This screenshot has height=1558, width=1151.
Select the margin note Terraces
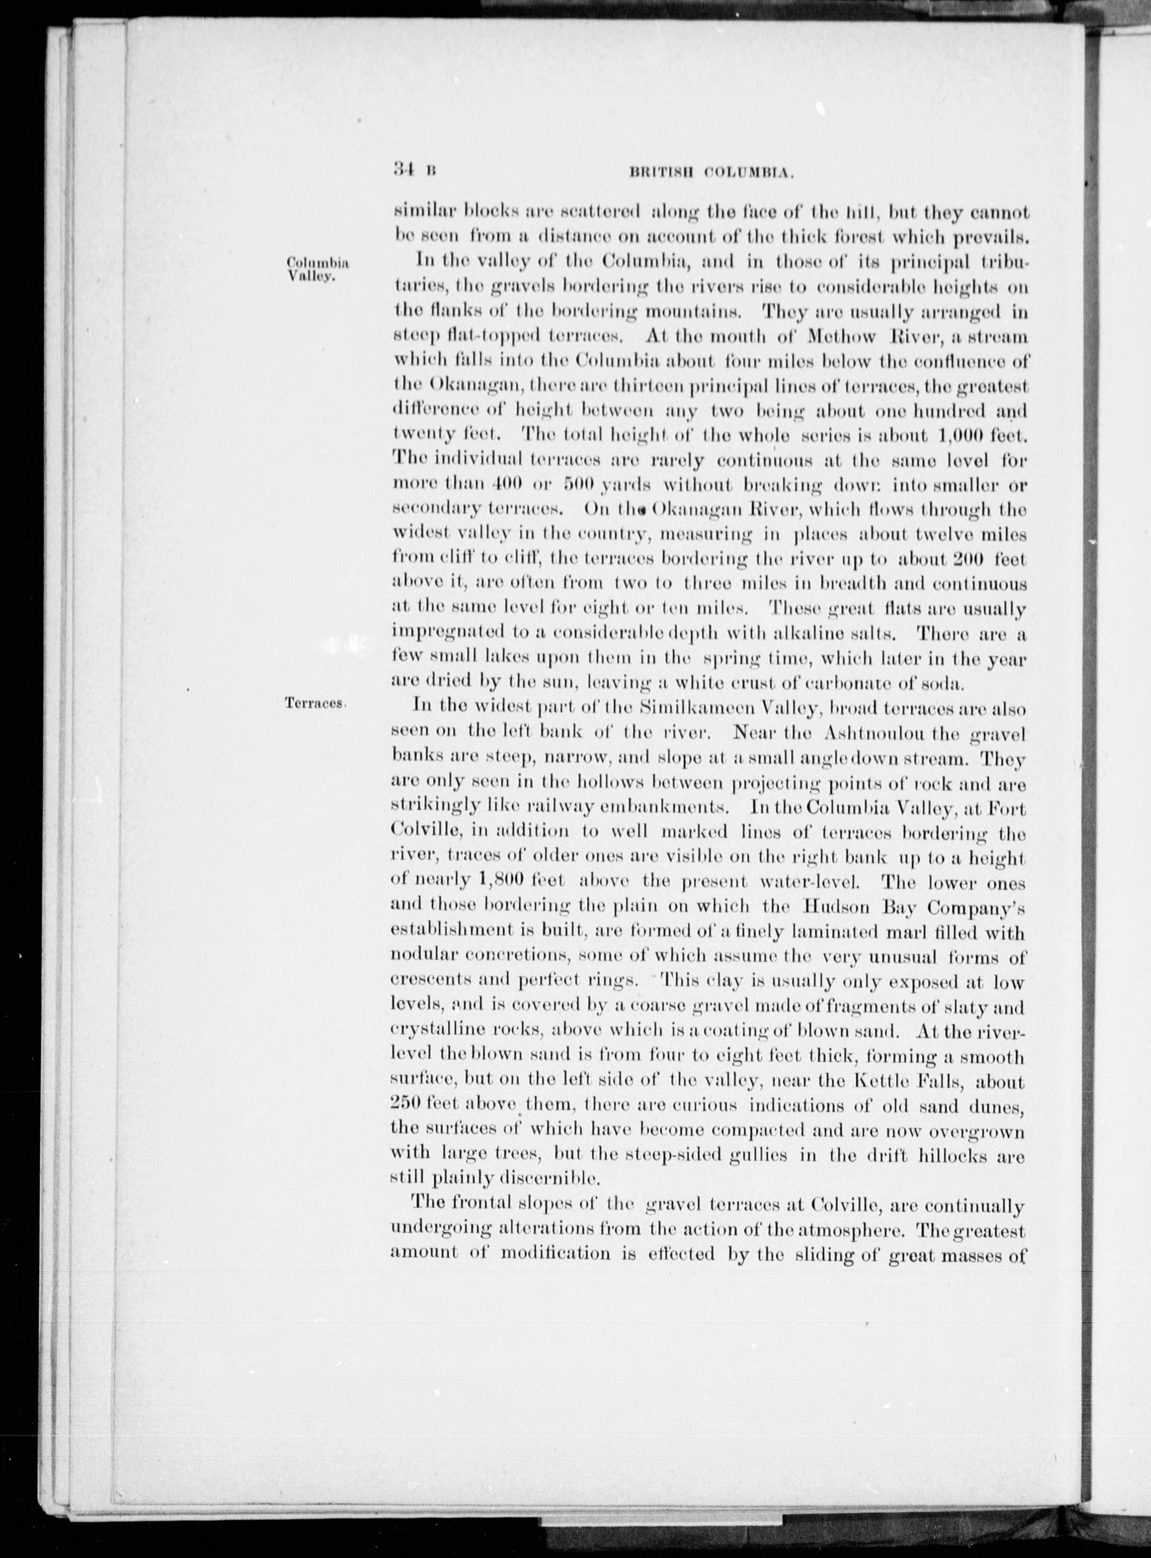316,704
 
